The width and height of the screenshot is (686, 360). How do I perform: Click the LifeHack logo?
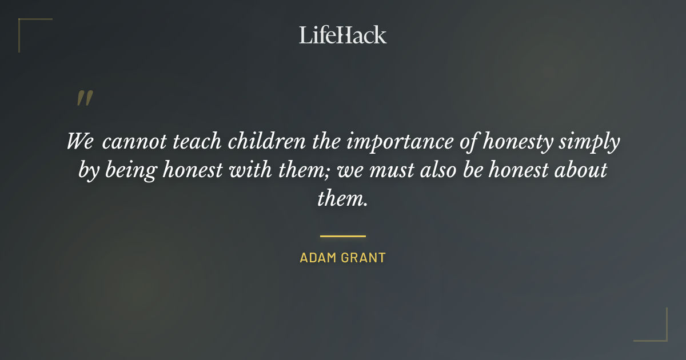[x=343, y=35]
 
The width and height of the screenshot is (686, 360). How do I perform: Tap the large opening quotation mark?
[x=85, y=98]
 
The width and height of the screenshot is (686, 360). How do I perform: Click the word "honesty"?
[x=518, y=142]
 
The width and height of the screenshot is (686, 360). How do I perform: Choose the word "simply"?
[x=589, y=142]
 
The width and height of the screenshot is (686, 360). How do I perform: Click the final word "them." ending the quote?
[x=342, y=198]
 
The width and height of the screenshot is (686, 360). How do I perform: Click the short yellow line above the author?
[x=343, y=235]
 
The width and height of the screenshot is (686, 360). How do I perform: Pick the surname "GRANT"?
[x=364, y=258]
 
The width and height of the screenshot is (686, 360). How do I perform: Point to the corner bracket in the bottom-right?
[x=657, y=331]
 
